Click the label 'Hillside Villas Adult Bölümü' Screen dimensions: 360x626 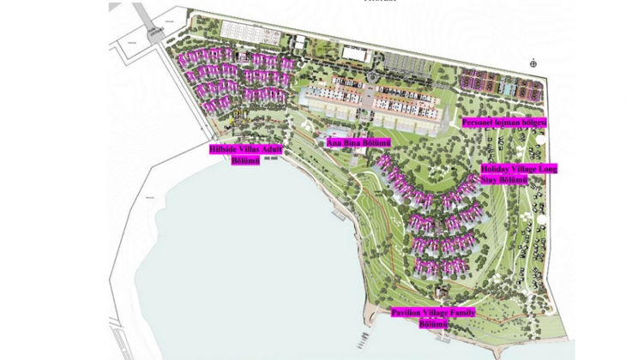pyautogui.click(x=245, y=154)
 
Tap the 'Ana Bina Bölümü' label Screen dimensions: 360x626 pyautogui.click(x=358, y=142)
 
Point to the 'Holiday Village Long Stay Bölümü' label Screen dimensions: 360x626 pyautogui.click(x=518, y=174)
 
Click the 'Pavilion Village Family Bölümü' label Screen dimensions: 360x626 pyautogui.click(x=433, y=318)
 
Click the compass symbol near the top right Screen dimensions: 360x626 pyautogui.click(x=534, y=62)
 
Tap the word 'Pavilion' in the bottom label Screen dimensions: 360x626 pyautogui.click(x=405, y=314)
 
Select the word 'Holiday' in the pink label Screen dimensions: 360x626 pyautogui.click(x=495, y=169)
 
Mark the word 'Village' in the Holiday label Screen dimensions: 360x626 pyautogui.click(x=525, y=169)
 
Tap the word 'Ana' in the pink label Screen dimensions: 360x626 pyautogui.click(x=334, y=142)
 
